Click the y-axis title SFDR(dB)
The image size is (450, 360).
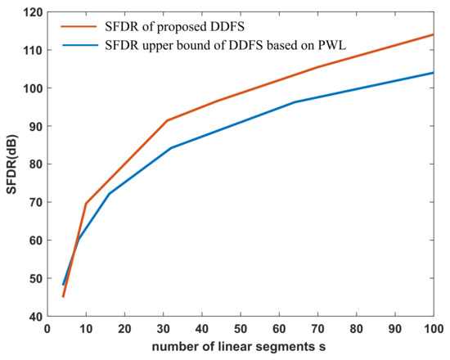[11, 163]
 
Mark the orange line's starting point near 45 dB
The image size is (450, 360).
[63, 296]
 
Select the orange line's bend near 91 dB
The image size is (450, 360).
[167, 120]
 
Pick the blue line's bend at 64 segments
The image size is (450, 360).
[294, 102]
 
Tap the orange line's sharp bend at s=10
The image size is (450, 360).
[86, 203]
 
